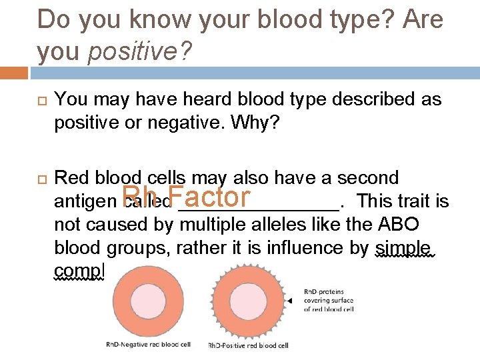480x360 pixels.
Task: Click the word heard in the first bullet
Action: (x=199, y=100)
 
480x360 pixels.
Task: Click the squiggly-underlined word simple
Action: (x=405, y=248)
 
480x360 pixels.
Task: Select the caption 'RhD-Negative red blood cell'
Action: (x=148, y=344)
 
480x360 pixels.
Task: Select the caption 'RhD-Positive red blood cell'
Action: (x=249, y=345)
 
